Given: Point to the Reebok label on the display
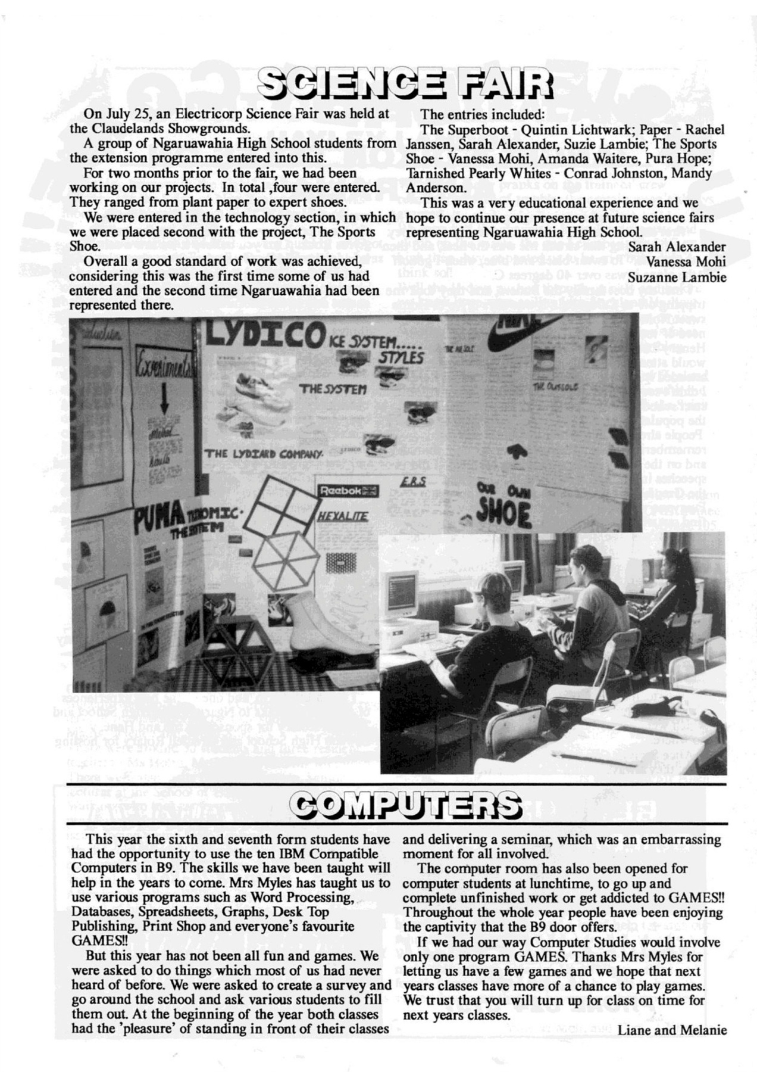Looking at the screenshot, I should click(x=348, y=491).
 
